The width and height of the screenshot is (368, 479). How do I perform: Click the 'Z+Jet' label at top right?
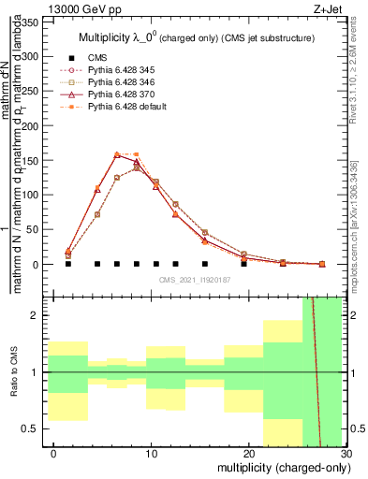point(329,7)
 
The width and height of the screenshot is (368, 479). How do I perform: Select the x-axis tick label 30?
point(346,453)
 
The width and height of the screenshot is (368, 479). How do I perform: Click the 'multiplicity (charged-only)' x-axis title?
point(283,467)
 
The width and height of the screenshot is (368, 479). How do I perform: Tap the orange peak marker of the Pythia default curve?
point(118,154)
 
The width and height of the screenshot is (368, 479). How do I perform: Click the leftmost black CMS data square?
point(68,264)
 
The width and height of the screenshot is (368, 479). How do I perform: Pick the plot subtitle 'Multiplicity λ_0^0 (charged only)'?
point(196,37)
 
